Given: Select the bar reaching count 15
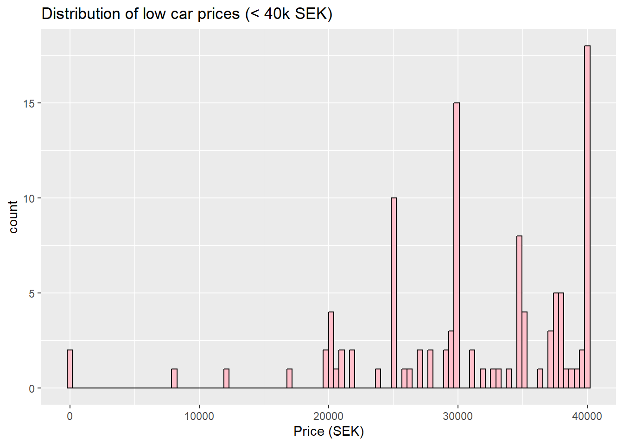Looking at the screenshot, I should tap(457, 246).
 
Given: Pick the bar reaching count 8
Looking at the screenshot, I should tap(519, 312).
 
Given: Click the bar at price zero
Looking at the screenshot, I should tap(70, 369).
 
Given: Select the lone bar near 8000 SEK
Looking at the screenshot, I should tap(174, 379).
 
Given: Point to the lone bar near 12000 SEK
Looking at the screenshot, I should tap(226, 379).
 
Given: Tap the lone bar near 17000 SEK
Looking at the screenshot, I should tap(289, 379).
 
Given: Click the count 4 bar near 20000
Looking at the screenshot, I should tap(331, 350).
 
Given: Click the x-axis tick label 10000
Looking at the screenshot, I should tap(199, 416).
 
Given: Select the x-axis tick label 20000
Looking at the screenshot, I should tap(328, 416).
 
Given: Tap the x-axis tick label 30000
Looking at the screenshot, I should tap(458, 416).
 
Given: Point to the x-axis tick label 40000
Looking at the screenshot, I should tap(587, 416).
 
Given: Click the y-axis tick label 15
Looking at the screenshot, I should tap(29, 103).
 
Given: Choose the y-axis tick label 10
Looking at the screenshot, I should tap(29, 198).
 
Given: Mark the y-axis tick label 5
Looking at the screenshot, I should tap(32, 293).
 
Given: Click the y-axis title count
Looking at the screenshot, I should tap(13, 217).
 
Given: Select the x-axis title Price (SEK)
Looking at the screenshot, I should tap(329, 432).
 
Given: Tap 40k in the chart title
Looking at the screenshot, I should tap(277, 14).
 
